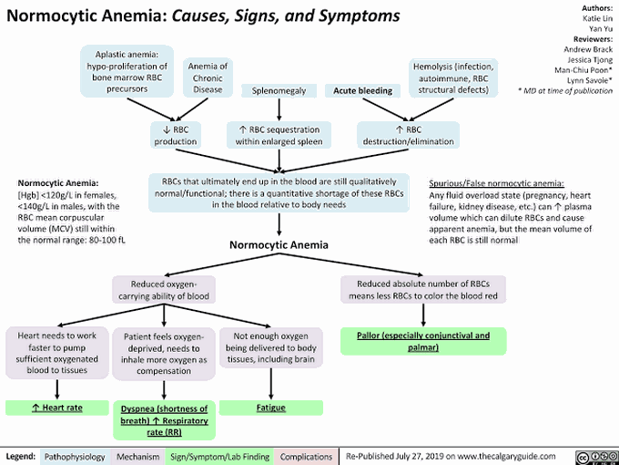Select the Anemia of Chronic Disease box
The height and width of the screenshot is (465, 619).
point(208,77)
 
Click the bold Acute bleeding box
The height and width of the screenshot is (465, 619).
point(363,90)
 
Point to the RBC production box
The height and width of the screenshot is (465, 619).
point(176,134)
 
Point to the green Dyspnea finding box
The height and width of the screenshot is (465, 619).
point(165,419)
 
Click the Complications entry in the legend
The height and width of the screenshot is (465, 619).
point(305,455)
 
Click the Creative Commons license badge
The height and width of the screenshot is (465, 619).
point(596,455)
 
